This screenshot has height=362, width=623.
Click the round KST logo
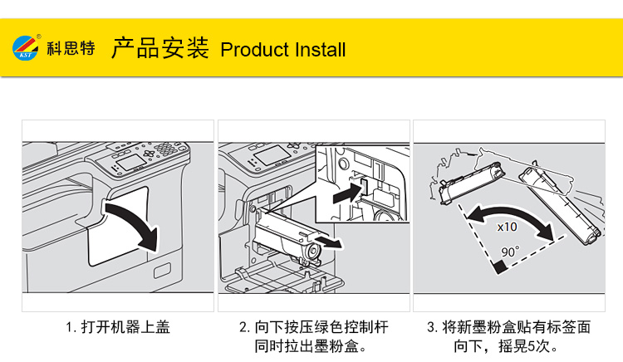[x=26, y=48]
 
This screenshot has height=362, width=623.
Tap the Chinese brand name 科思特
[x=71, y=48]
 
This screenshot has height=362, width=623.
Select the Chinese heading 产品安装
[x=159, y=48]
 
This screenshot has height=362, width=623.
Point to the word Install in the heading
[x=319, y=50]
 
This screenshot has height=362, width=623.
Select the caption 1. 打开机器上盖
[x=118, y=327]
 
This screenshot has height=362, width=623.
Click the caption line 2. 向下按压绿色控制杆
[x=313, y=327]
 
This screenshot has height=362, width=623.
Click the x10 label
[x=508, y=226]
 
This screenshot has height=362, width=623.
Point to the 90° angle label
[x=508, y=250]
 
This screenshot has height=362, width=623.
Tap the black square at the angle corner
[x=499, y=267]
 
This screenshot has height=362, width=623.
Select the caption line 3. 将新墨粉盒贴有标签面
[x=508, y=327]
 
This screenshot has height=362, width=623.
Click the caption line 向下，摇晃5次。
[x=508, y=345]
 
